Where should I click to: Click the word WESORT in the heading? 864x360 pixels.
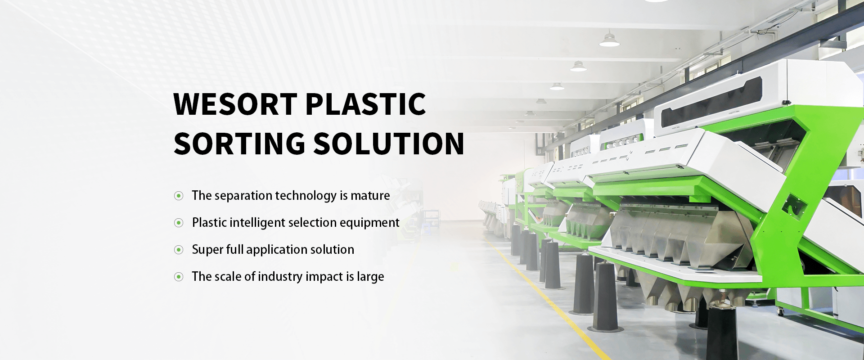click(235, 104)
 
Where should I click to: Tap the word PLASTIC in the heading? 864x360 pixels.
click(365, 104)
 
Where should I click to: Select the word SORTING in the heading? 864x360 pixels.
click(239, 144)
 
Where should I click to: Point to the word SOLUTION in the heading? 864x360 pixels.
click(389, 144)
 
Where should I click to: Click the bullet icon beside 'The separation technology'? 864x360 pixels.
click(179, 196)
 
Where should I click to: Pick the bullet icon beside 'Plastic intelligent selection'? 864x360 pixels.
click(179, 223)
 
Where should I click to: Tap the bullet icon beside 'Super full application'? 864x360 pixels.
click(179, 250)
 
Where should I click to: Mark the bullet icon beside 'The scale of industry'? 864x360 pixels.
click(179, 277)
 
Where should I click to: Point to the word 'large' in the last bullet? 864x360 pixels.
click(370, 277)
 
